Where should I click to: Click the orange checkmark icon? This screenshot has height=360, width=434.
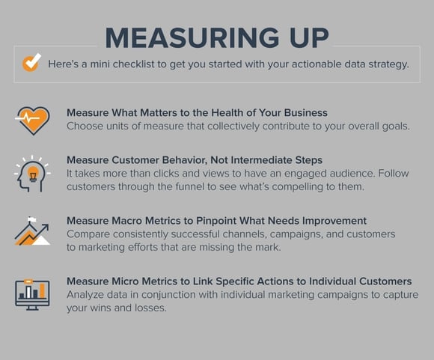tap(31, 64)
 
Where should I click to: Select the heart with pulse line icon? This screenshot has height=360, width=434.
tap(32, 119)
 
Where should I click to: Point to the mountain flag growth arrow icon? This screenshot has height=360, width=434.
tap(32, 231)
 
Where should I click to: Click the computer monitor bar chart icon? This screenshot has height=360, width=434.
tap(32, 293)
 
